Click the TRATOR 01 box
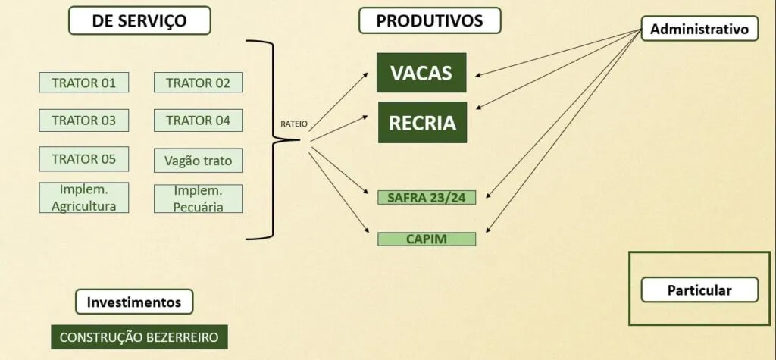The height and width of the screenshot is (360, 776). tap(84, 82)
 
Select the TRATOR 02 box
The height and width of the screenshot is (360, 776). tap(199, 82)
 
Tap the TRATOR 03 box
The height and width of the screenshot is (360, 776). tap(84, 121)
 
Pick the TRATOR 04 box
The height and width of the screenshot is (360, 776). tap(199, 121)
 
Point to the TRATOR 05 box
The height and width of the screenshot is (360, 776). tap(84, 159)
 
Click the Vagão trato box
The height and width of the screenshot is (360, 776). tap(199, 161)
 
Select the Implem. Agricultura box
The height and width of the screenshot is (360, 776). tap(84, 198)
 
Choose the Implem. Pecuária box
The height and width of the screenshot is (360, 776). tap(199, 199)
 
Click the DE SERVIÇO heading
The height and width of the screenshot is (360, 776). tap(139, 20)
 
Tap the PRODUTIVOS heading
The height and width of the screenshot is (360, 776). tap(430, 20)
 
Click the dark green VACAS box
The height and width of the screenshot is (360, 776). tap(421, 73)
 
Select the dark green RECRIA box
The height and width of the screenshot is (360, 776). tap(423, 122)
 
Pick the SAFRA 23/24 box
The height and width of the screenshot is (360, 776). tap(427, 198)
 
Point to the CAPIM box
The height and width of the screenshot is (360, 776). tap(427, 239)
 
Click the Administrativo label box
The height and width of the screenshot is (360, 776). tap(699, 29)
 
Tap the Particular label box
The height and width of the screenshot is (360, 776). tap(699, 290)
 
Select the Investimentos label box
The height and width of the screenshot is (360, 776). tap(134, 302)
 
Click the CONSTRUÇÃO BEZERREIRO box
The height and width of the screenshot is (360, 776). tap(139, 337)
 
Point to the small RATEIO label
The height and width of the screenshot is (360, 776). tap(294, 124)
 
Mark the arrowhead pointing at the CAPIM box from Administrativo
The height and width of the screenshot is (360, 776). tap(489, 230)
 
